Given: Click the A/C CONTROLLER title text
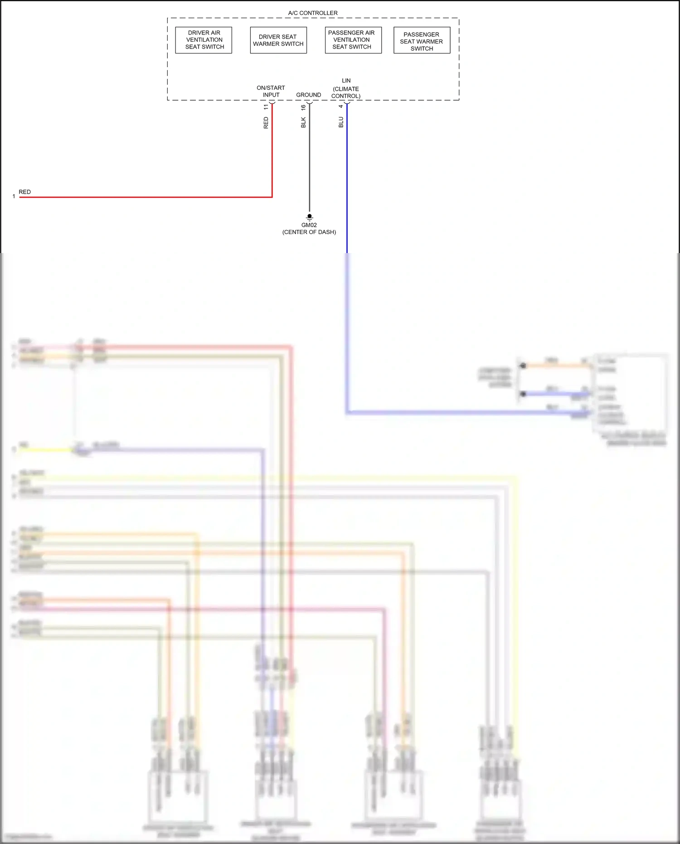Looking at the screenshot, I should point(313,13).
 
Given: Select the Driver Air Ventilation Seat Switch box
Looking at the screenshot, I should point(204,40).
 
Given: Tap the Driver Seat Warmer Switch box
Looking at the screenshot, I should point(278,40).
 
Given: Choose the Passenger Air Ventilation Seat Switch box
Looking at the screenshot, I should point(353,40).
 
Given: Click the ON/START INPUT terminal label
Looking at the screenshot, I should point(271,91).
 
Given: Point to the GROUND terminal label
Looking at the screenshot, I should point(308,95).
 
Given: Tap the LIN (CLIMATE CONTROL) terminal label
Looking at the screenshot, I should point(346,88).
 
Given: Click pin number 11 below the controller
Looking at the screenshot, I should point(266,107).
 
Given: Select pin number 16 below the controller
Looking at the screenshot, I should point(303,107).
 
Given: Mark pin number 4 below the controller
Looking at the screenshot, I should point(340,107).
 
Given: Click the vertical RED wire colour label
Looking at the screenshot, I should point(266,123).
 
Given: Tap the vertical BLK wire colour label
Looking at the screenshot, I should point(303,122).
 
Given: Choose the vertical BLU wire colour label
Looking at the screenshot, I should point(341,122).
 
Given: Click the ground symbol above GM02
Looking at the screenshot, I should point(310,217).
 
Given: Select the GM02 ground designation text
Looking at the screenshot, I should point(309,225).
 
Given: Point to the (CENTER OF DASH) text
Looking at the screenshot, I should point(309,232).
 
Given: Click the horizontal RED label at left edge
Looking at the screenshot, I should point(25,192).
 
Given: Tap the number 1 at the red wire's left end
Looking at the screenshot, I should point(14,196).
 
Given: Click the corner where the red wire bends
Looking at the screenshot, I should point(272,197).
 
